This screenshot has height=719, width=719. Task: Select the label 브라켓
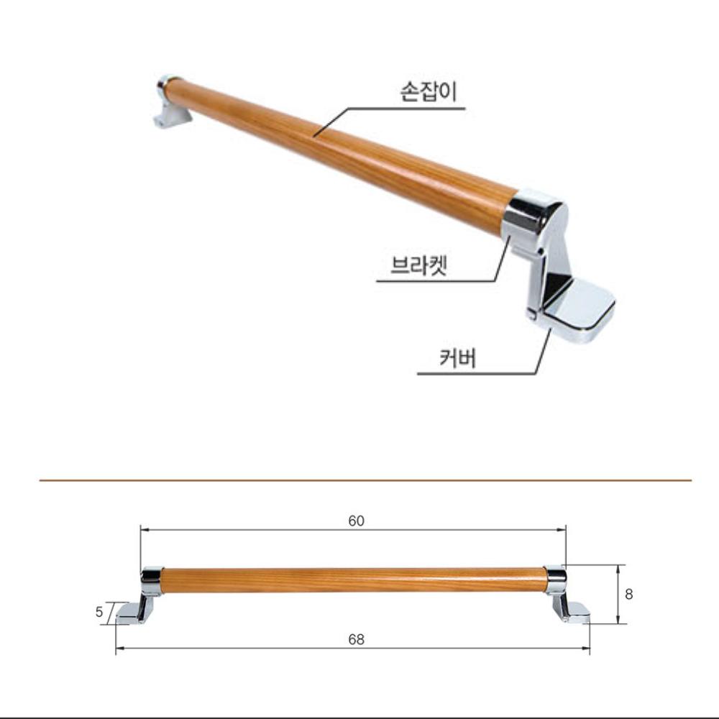[419, 265]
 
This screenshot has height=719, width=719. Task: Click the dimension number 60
[356, 521]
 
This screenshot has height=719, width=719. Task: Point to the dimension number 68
[356, 639]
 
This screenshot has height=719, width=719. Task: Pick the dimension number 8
[629, 595]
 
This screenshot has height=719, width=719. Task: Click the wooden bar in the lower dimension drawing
[352, 580]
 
